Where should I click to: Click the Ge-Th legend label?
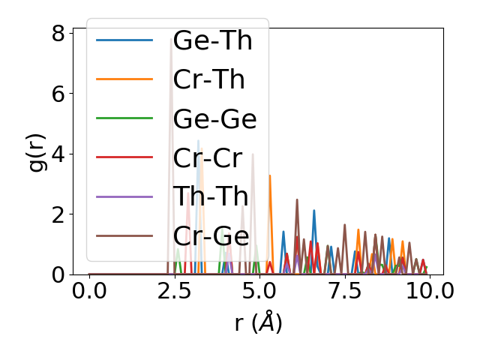pos(212,40)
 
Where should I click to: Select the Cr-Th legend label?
pos(208,79)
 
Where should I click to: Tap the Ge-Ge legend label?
pos(214,118)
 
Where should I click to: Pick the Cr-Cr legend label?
pos(207,157)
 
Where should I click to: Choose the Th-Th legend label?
pos(210,196)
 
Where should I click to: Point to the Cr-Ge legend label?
pos(210,235)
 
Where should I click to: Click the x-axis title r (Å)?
pos(258,323)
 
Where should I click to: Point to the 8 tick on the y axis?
pos(58,34)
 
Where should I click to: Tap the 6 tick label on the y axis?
pos(58,94)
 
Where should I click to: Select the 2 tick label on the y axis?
pos(58,214)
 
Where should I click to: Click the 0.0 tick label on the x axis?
pos(89,291)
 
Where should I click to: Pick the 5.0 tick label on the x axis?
pos(259,291)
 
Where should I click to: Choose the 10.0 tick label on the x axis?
pos(428,291)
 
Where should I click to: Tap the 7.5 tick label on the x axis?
pos(344,291)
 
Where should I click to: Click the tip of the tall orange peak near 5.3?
pos(270,175)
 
